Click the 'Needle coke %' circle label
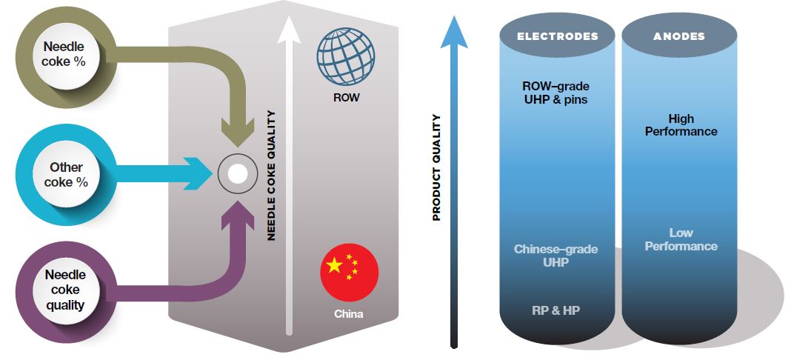(x=64, y=54)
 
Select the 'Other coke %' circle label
(x=67, y=174)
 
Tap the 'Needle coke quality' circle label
(x=65, y=290)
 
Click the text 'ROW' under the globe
(x=346, y=97)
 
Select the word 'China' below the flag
(x=348, y=314)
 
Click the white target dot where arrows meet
(x=238, y=174)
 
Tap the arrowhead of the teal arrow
(x=198, y=173)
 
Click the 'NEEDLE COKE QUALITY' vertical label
(x=271, y=176)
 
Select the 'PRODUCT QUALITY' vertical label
(x=436, y=167)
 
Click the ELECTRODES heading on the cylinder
(x=558, y=36)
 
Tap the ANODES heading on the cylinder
(x=679, y=36)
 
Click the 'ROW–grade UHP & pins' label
(x=556, y=93)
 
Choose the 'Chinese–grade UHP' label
(x=556, y=256)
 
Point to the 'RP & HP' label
(x=556, y=310)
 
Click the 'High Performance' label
(x=681, y=125)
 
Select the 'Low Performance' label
(x=681, y=239)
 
